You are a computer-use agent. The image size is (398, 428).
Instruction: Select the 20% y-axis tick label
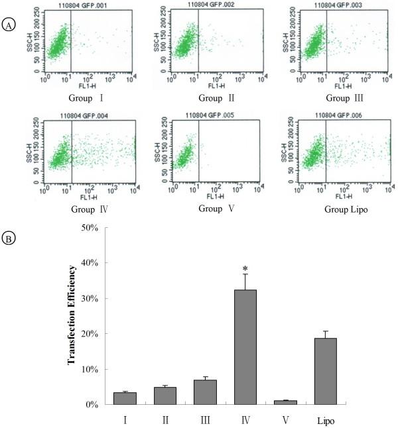click(x=89, y=333)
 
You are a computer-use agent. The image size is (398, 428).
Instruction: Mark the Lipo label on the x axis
click(x=325, y=420)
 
